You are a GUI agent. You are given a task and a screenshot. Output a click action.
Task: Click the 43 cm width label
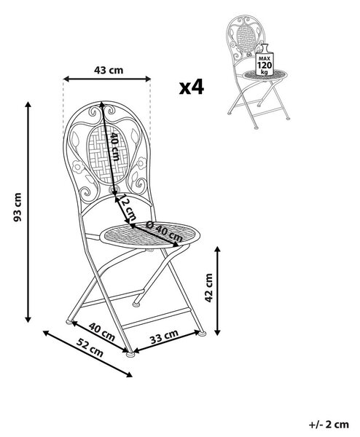109,70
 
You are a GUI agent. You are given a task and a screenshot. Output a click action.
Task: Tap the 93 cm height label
17,207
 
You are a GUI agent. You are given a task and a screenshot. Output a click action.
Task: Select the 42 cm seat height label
208,288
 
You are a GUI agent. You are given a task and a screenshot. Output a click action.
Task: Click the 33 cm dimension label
164,336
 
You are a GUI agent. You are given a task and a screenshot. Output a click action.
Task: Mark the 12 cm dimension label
128,207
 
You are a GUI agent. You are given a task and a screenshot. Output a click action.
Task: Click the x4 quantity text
191,87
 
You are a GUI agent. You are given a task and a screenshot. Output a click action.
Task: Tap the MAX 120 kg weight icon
265,60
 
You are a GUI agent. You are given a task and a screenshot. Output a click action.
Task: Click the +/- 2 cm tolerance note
329,425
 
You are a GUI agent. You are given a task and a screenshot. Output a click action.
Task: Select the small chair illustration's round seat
265,75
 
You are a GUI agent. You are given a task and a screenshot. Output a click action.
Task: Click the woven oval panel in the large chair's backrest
108,154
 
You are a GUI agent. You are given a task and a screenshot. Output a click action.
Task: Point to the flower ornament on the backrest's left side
78,167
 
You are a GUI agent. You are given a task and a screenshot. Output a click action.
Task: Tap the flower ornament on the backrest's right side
141,163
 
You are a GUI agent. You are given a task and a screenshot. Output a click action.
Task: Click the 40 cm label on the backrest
115,146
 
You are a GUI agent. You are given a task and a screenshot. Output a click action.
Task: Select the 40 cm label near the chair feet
102,331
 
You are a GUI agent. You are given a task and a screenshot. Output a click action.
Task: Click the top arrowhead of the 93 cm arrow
28,105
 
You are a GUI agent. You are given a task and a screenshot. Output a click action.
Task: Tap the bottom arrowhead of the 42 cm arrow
218,332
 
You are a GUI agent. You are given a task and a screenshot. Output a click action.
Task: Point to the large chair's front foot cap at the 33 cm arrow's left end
130,355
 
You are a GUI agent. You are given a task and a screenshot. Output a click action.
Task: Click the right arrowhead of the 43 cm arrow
147,79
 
